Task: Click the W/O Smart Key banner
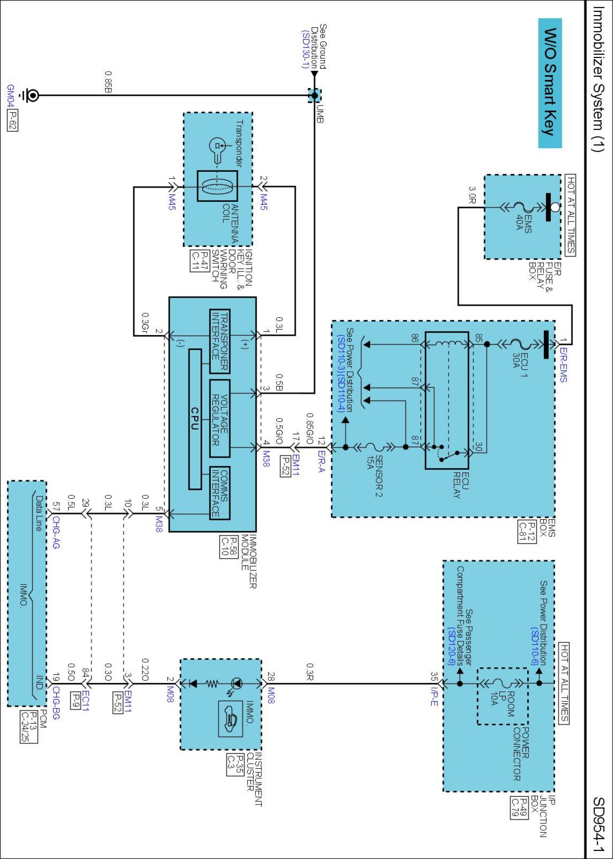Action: [550, 83]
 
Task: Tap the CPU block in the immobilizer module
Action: [195, 419]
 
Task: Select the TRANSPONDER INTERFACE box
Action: [220, 341]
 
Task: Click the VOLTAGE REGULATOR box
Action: [220, 418]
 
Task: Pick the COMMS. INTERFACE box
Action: [220, 493]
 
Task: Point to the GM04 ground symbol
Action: [30, 95]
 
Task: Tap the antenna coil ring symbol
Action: [217, 186]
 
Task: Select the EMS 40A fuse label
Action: [524, 223]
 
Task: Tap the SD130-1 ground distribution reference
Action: [305, 49]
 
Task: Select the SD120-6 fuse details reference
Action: [451, 646]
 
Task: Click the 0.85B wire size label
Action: [108, 82]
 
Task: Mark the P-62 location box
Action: [12, 121]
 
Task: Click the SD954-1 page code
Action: [599, 824]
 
